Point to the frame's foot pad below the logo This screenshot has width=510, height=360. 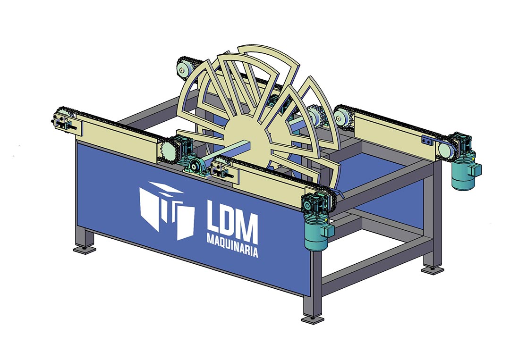(85, 250)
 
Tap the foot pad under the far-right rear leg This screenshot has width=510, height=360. (433, 270)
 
